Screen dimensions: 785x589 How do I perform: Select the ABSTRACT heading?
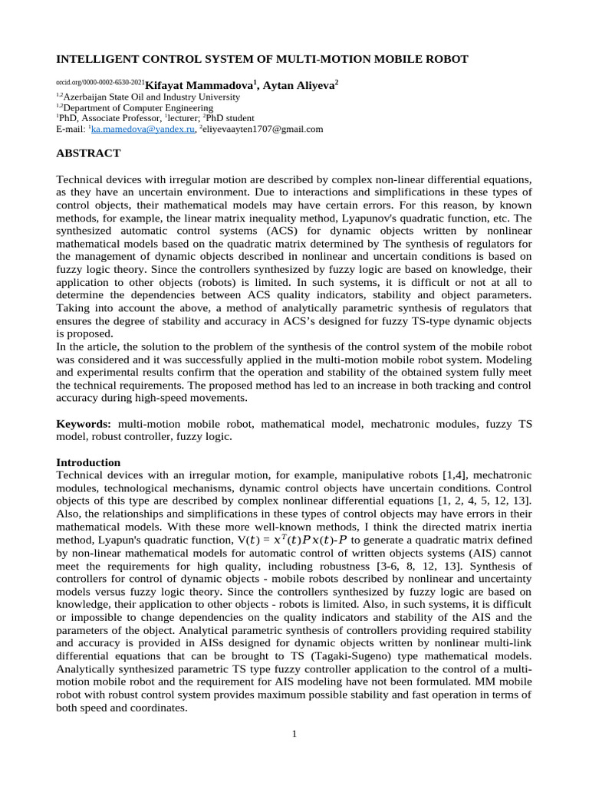tap(88, 153)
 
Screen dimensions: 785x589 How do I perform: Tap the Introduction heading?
tap(88, 463)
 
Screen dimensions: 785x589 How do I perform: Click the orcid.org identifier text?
tap(100, 82)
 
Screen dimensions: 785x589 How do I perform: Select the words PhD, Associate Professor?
tap(109, 119)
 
